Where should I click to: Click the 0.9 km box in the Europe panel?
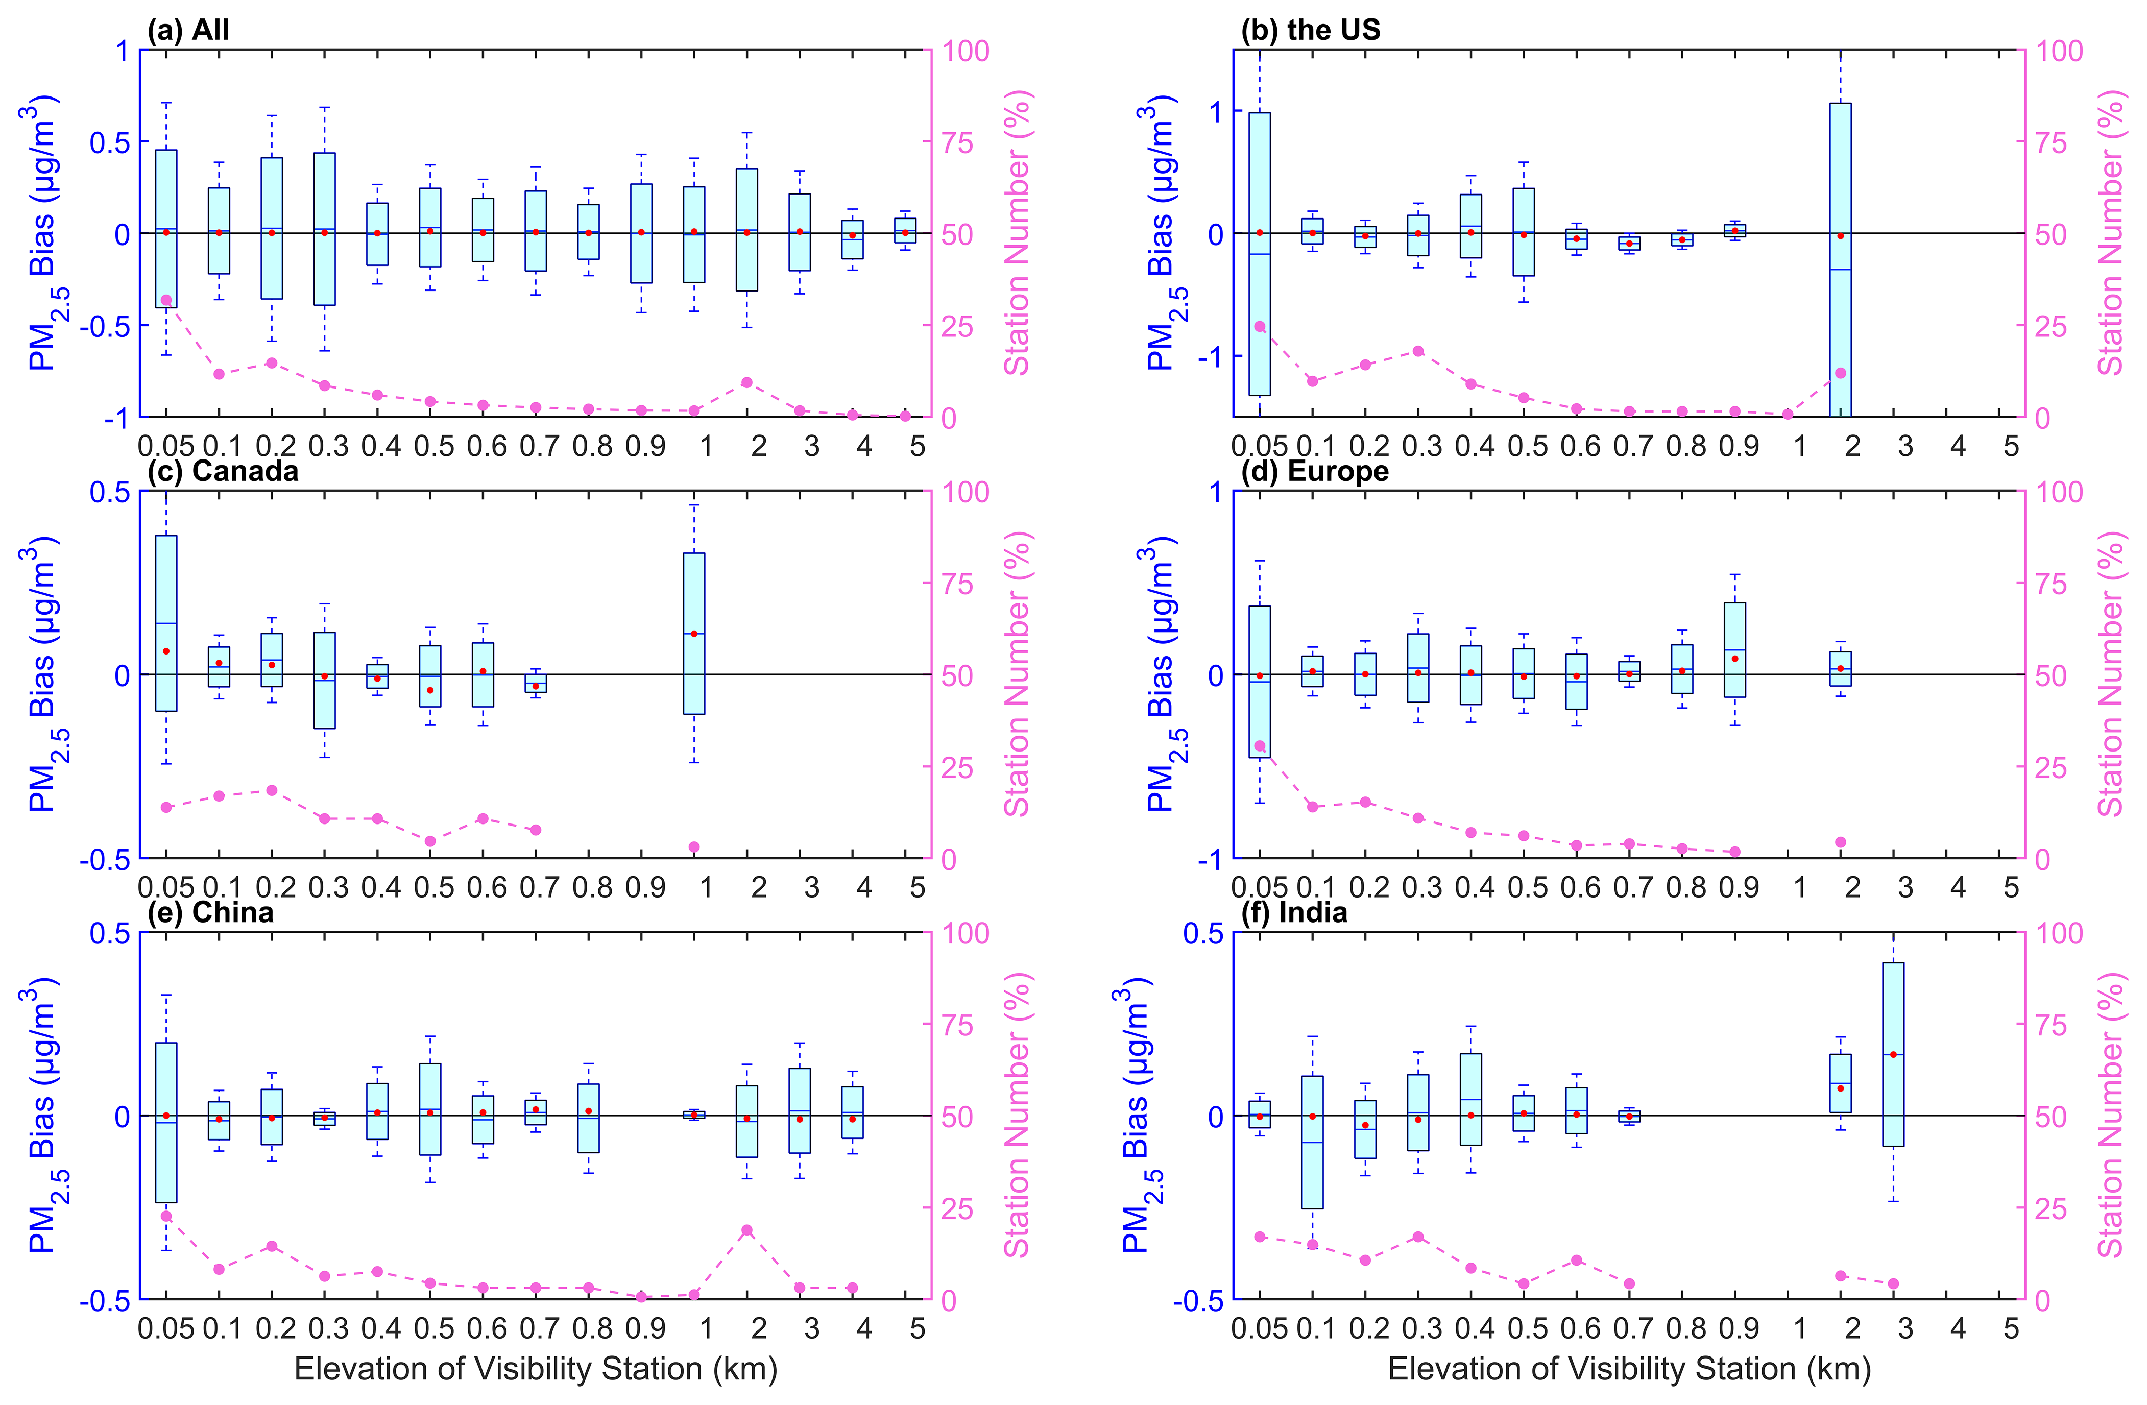point(1735,649)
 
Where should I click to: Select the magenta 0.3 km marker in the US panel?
point(1418,351)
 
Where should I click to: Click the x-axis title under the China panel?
point(536,1369)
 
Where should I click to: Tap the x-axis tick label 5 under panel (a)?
point(918,446)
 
